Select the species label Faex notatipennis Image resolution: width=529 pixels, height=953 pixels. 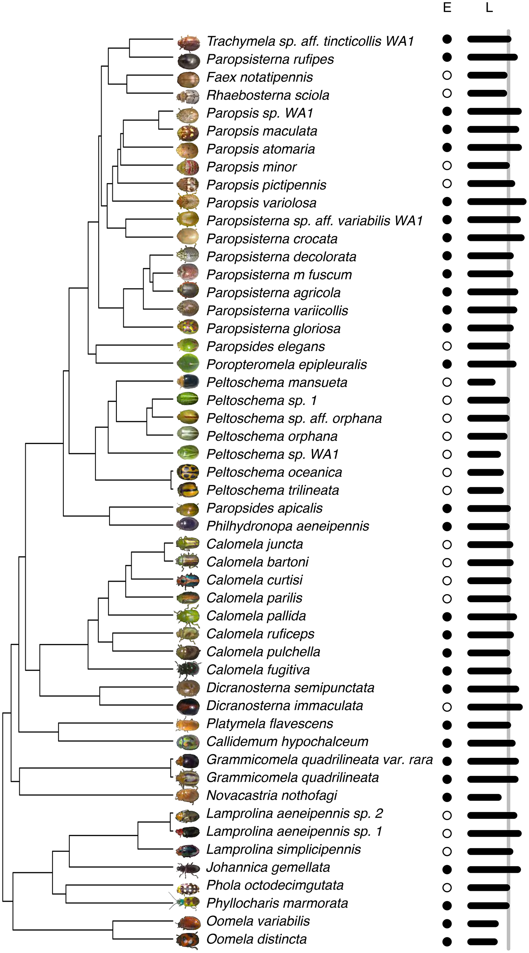[259, 77]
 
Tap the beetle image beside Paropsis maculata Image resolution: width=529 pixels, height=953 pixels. [188, 131]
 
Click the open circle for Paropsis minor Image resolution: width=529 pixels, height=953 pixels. [447, 165]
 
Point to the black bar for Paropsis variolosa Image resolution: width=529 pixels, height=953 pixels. [496, 202]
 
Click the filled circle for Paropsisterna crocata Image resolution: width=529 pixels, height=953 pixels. [447, 238]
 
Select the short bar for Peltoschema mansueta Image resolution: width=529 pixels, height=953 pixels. [481, 382]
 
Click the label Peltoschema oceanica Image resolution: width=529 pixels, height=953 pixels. [274, 472]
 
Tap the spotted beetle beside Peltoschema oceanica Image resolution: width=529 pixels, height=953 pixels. [188, 472]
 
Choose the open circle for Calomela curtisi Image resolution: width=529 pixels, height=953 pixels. [447, 580]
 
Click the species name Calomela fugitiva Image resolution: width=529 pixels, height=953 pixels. [258, 670]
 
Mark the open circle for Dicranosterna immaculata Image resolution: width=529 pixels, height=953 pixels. [447, 707]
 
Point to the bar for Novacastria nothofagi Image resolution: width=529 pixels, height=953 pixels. [484, 797]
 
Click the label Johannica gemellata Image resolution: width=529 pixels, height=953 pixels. [268, 867]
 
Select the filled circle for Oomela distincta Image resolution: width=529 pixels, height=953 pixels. [447, 941]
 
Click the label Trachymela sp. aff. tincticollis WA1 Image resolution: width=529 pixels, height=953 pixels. [310, 41]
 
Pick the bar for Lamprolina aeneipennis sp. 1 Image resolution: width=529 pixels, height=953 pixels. [494, 833]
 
